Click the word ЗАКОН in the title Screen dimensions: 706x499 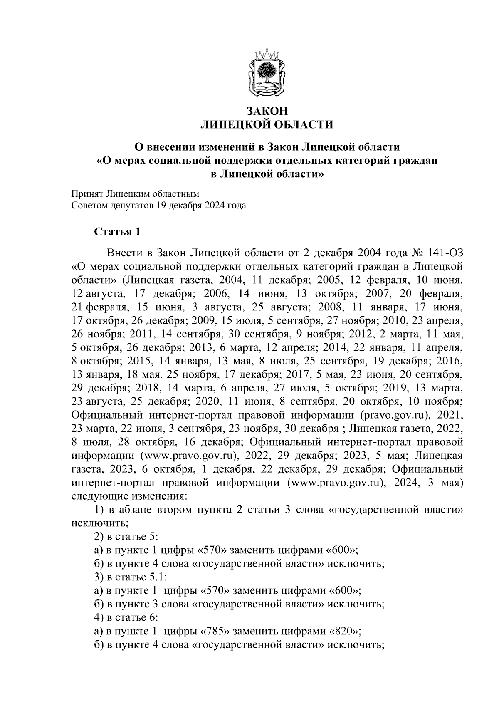pyautogui.click(x=267, y=111)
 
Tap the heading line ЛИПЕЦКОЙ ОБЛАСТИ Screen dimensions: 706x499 pyautogui.click(x=267, y=124)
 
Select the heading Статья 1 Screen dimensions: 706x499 pyautogui.click(x=118, y=232)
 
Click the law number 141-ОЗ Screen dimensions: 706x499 pyautogui.click(x=445, y=253)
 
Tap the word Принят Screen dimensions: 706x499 pyautogui.click(x=87, y=193)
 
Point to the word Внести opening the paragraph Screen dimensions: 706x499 pyautogui.click(x=123, y=253)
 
